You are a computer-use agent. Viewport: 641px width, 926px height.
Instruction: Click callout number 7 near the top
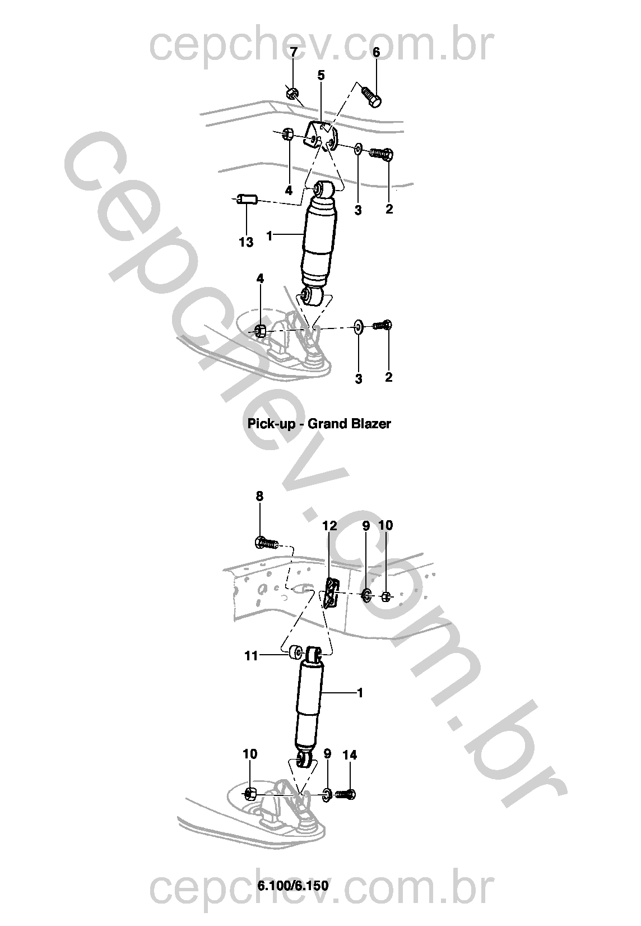coord(294,52)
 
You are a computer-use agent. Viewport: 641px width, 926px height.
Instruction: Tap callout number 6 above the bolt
coord(376,52)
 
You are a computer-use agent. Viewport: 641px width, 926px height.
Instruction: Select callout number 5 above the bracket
coord(321,75)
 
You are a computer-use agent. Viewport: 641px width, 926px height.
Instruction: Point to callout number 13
coord(246,242)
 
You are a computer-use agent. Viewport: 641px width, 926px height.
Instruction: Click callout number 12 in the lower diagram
coord(329,526)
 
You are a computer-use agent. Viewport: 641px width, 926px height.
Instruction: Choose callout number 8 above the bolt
coord(259,496)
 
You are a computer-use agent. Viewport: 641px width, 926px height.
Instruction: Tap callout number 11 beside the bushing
coord(251,656)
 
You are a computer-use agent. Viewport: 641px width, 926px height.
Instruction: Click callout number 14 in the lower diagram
coord(350,755)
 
